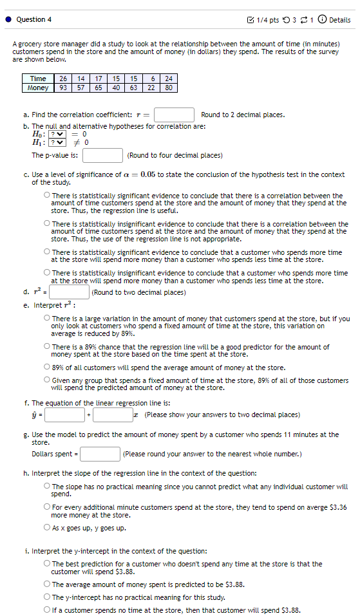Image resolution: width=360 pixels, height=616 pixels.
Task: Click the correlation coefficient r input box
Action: pyautogui.click(x=174, y=115)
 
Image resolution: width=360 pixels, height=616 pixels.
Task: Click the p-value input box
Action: pyautogui.click(x=102, y=155)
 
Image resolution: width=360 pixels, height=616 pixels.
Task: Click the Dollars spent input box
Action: pyautogui.click(x=100, y=454)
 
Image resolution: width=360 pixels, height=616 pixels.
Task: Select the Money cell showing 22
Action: pyautogui.click(x=151, y=88)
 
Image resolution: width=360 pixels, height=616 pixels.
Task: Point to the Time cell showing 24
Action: pyautogui.click(x=169, y=79)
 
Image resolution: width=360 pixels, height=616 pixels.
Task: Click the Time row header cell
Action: pyautogui.click(x=38, y=79)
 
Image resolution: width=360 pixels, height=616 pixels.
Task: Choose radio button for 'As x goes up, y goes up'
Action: pyautogui.click(x=47, y=528)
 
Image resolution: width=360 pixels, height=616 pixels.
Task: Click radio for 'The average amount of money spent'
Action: pyautogui.click(x=47, y=585)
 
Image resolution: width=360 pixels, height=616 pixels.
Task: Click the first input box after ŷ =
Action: pyautogui.click(x=64, y=415)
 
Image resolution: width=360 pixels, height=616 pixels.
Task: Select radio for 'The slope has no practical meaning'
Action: pyautogui.click(x=47, y=487)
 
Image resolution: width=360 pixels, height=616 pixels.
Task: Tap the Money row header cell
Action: pyautogui.click(x=38, y=88)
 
